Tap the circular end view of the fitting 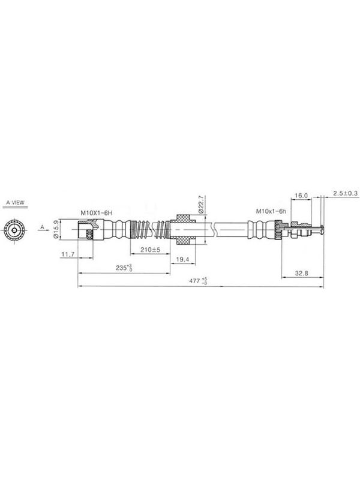14,230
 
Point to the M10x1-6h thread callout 271,211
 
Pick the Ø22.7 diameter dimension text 201,204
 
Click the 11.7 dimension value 68,254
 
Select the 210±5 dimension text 151,250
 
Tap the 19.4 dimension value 182,260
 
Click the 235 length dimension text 124,268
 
